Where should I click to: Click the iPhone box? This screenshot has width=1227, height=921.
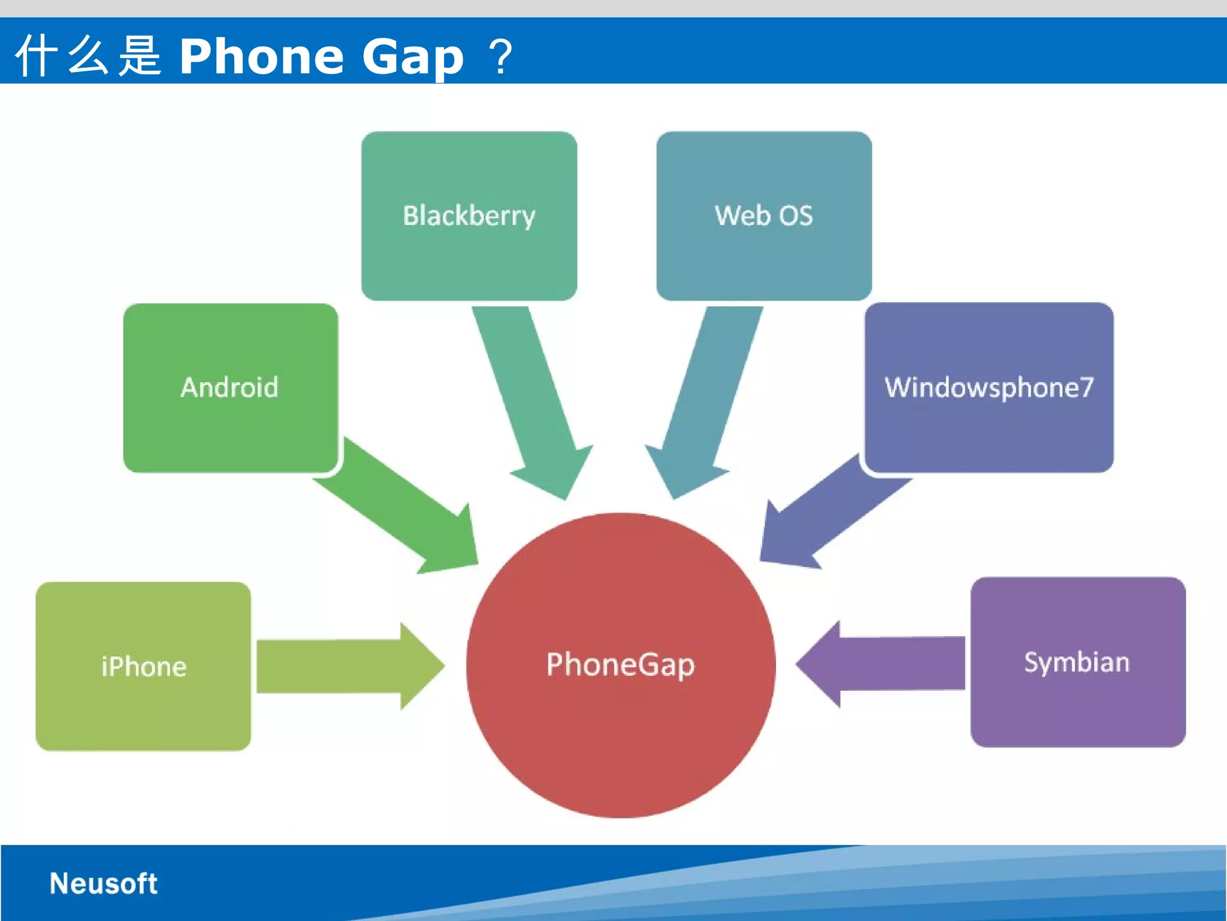[143, 708]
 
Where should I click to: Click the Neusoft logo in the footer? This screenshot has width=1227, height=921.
[103, 883]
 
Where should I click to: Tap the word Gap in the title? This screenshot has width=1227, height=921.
[413, 56]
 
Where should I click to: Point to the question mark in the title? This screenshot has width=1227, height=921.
[501, 56]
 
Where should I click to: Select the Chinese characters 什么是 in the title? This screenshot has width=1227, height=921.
[88, 55]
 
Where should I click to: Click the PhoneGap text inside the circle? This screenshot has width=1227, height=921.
[620, 664]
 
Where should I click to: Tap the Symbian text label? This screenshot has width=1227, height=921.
[1077, 663]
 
